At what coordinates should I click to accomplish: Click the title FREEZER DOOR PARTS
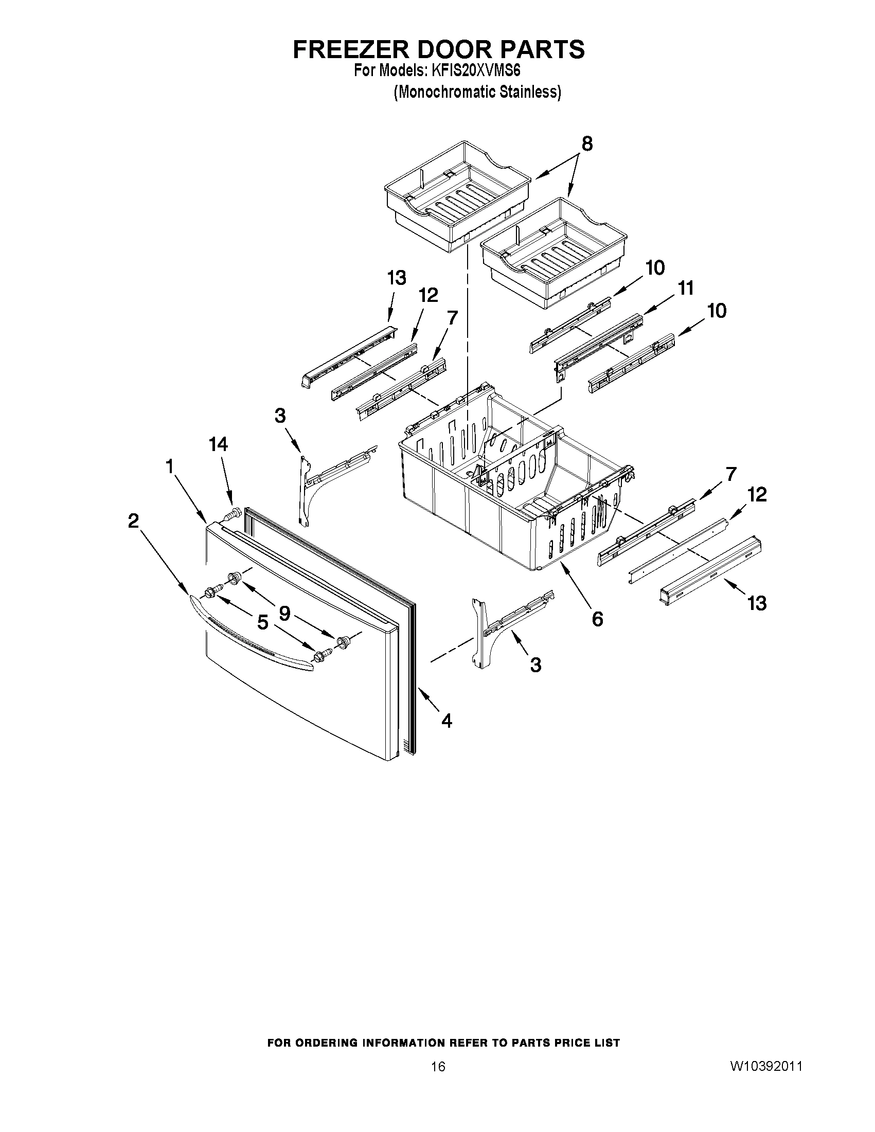click(439, 49)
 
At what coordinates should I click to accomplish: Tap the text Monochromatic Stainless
click(477, 92)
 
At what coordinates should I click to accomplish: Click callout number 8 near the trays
click(587, 143)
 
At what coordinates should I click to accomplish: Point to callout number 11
click(686, 288)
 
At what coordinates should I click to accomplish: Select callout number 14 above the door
click(218, 444)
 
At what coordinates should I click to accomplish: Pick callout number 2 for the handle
click(134, 520)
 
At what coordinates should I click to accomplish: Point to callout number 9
click(284, 613)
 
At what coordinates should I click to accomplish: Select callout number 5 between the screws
click(263, 622)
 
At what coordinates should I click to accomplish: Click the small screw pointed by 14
click(233, 514)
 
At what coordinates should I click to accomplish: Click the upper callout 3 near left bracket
click(280, 415)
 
